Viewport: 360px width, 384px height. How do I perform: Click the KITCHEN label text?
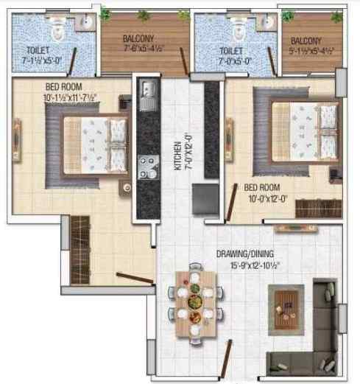point(177,156)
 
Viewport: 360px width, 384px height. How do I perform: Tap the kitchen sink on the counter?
point(147,93)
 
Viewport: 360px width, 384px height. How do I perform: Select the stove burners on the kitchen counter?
point(146,166)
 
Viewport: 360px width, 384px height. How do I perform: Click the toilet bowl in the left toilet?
point(56,30)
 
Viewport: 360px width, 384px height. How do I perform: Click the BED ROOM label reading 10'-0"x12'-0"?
point(263,193)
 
